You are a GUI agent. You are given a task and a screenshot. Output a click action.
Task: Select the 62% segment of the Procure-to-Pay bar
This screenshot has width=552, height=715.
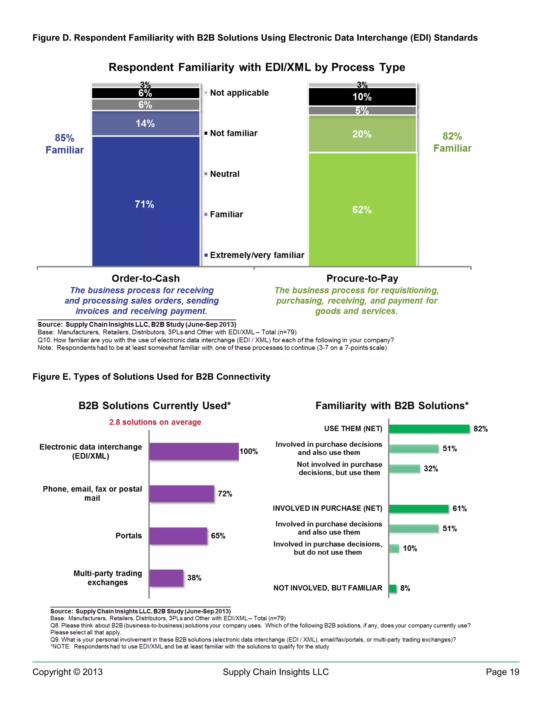pos(362,210)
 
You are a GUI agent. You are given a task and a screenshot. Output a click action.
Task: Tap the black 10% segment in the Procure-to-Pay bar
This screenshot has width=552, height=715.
pos(362,97)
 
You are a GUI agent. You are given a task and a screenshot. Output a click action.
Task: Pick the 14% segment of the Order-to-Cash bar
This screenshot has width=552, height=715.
pos(146,123)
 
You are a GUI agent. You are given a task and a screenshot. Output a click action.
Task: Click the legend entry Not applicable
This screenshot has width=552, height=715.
pos(239,93)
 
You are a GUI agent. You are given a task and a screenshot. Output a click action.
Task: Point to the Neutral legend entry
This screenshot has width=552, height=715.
pos(224,174)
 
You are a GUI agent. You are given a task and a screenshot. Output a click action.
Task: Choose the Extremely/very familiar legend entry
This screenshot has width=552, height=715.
pos(257,255)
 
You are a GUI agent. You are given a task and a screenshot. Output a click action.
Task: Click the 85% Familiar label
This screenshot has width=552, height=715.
pos(64,144)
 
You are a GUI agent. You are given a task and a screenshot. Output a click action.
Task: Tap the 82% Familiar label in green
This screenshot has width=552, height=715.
pos(452,142)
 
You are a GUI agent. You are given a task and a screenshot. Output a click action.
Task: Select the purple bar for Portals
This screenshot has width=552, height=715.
pos(178,536)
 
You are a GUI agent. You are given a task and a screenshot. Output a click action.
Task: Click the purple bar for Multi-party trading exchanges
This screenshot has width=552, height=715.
pos(166,578)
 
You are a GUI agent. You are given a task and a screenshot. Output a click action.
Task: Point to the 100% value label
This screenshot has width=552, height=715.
pos(249,451)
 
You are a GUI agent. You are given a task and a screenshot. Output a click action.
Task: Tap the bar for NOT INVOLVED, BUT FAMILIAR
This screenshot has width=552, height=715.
pos(393,588)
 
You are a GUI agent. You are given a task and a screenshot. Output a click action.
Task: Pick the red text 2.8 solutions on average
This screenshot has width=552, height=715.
pos(155,422)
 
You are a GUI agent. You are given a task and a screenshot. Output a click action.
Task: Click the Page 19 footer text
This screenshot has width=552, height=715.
pos(502,672)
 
